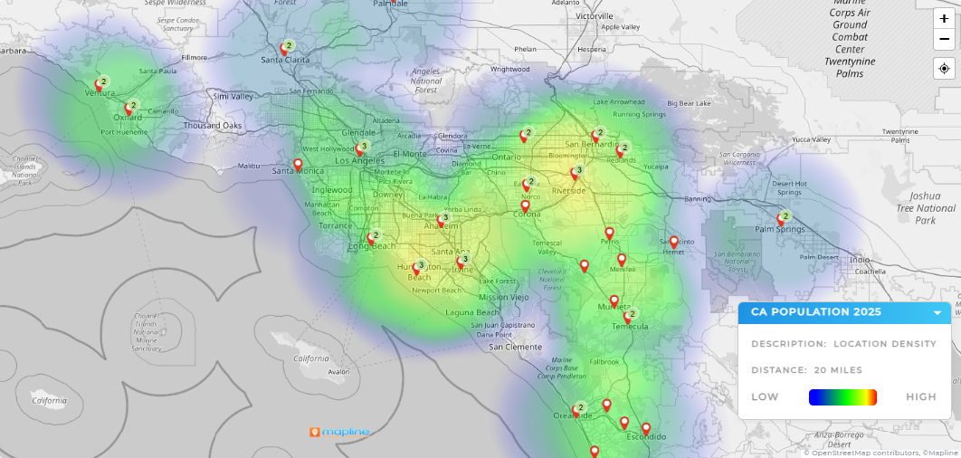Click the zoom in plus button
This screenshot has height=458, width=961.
coord(944,19)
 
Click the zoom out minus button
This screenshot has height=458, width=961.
coord(944,40)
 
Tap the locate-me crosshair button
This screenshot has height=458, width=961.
coord(944,68)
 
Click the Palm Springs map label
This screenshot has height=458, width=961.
coord(779,230)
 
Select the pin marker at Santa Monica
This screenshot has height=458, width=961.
coord(298,165)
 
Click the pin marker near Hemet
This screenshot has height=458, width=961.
coord(674,242)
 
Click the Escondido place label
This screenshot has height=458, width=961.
coord(646,437)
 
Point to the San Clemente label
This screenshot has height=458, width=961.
coord(515,347)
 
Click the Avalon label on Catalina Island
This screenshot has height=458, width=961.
coord(338,372)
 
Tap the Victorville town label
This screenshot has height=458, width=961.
coord(595,16)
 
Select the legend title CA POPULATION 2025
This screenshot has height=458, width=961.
coord(816,312)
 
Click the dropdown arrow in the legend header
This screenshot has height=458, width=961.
coord(938,313)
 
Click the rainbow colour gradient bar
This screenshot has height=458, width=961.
coord(842,396)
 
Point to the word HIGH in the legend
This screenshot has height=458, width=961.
coord(921,396)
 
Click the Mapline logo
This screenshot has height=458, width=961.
coord(339,432)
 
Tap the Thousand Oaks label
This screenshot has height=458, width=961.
coord(213,125)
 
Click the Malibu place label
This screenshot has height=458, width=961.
coord(249,167)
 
